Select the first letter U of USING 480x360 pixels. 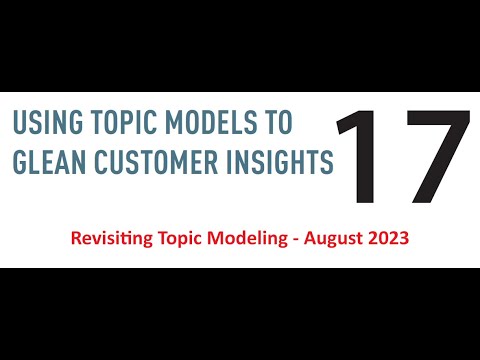(17, 124)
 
